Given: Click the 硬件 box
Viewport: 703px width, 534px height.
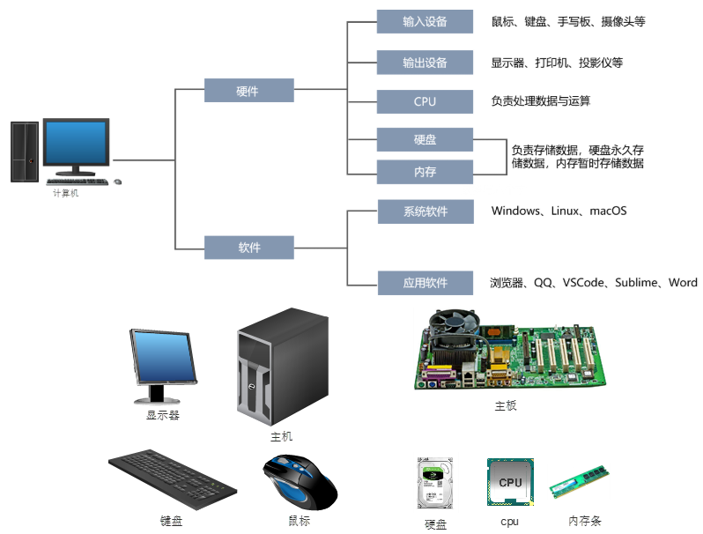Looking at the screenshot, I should (248, 91).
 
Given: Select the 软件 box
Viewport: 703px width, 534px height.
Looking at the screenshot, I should (248, 248).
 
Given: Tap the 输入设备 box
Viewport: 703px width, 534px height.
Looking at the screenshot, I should (425, 21).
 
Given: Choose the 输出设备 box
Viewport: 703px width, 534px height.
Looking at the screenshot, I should (425, 63).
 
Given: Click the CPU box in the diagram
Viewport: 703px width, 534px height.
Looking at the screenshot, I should (425, 101).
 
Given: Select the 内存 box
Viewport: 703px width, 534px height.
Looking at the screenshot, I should (425, 172).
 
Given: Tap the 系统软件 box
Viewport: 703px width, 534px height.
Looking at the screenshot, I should (425, 211).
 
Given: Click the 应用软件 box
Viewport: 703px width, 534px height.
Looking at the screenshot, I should (425, 283).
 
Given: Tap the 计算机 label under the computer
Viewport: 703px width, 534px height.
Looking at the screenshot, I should (65, 194).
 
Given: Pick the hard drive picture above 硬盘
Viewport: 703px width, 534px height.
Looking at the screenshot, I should (435, 485).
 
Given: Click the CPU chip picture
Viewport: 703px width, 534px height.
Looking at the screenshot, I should (510, 482).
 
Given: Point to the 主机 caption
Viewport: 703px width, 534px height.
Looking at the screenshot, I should (281, 437).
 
